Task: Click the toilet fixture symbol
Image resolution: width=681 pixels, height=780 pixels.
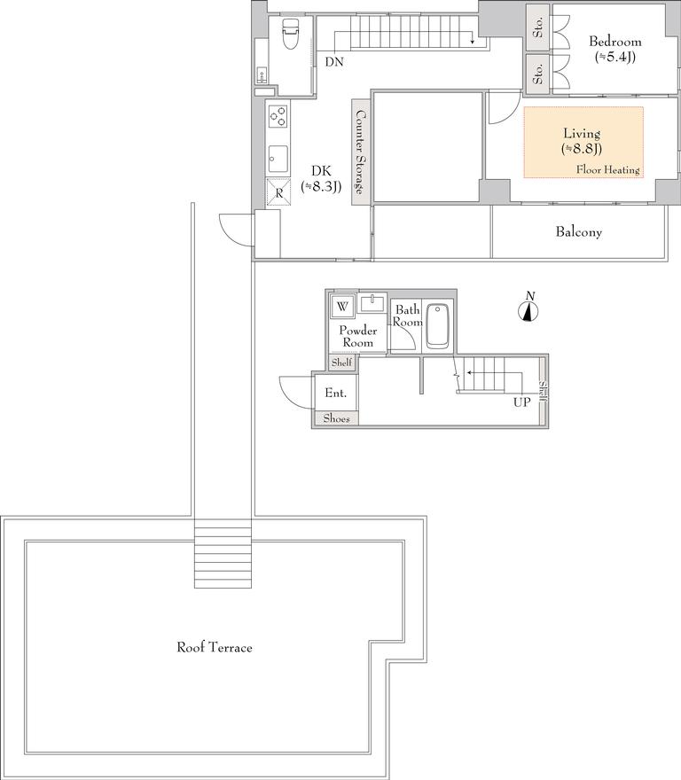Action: tap(289, 34)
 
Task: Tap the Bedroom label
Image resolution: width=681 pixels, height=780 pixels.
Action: tap(614, 42)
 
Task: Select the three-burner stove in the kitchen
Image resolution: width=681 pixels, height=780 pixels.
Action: tap(278, 116)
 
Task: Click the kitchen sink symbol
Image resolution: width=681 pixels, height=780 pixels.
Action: tap(278, 159)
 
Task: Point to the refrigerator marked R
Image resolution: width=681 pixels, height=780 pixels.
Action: tap(278, 192)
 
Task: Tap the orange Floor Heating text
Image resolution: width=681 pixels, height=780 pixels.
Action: tap(607, 169)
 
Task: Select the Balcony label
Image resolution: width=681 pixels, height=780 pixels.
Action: tap(578, 232)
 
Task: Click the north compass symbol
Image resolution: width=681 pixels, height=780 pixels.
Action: tap(528, 308)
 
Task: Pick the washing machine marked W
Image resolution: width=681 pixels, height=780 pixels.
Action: tap(342, 307)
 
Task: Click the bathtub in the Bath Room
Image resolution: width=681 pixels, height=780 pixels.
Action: tap(437, 325)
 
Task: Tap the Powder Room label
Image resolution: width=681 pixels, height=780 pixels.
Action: tap(358, 336)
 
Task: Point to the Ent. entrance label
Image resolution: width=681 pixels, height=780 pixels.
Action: tap(335, 393)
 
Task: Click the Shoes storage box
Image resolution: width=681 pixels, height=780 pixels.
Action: tap(336, 418)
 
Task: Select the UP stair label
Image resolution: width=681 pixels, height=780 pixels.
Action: tap(521, 402)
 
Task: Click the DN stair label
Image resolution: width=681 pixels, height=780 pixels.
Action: tap(334, 62)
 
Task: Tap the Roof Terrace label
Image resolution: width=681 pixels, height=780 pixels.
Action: tap(215, 647)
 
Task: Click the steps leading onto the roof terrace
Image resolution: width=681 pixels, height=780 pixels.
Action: tap(223, 554)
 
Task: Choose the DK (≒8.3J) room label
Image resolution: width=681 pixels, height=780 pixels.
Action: tap(321, 178)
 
